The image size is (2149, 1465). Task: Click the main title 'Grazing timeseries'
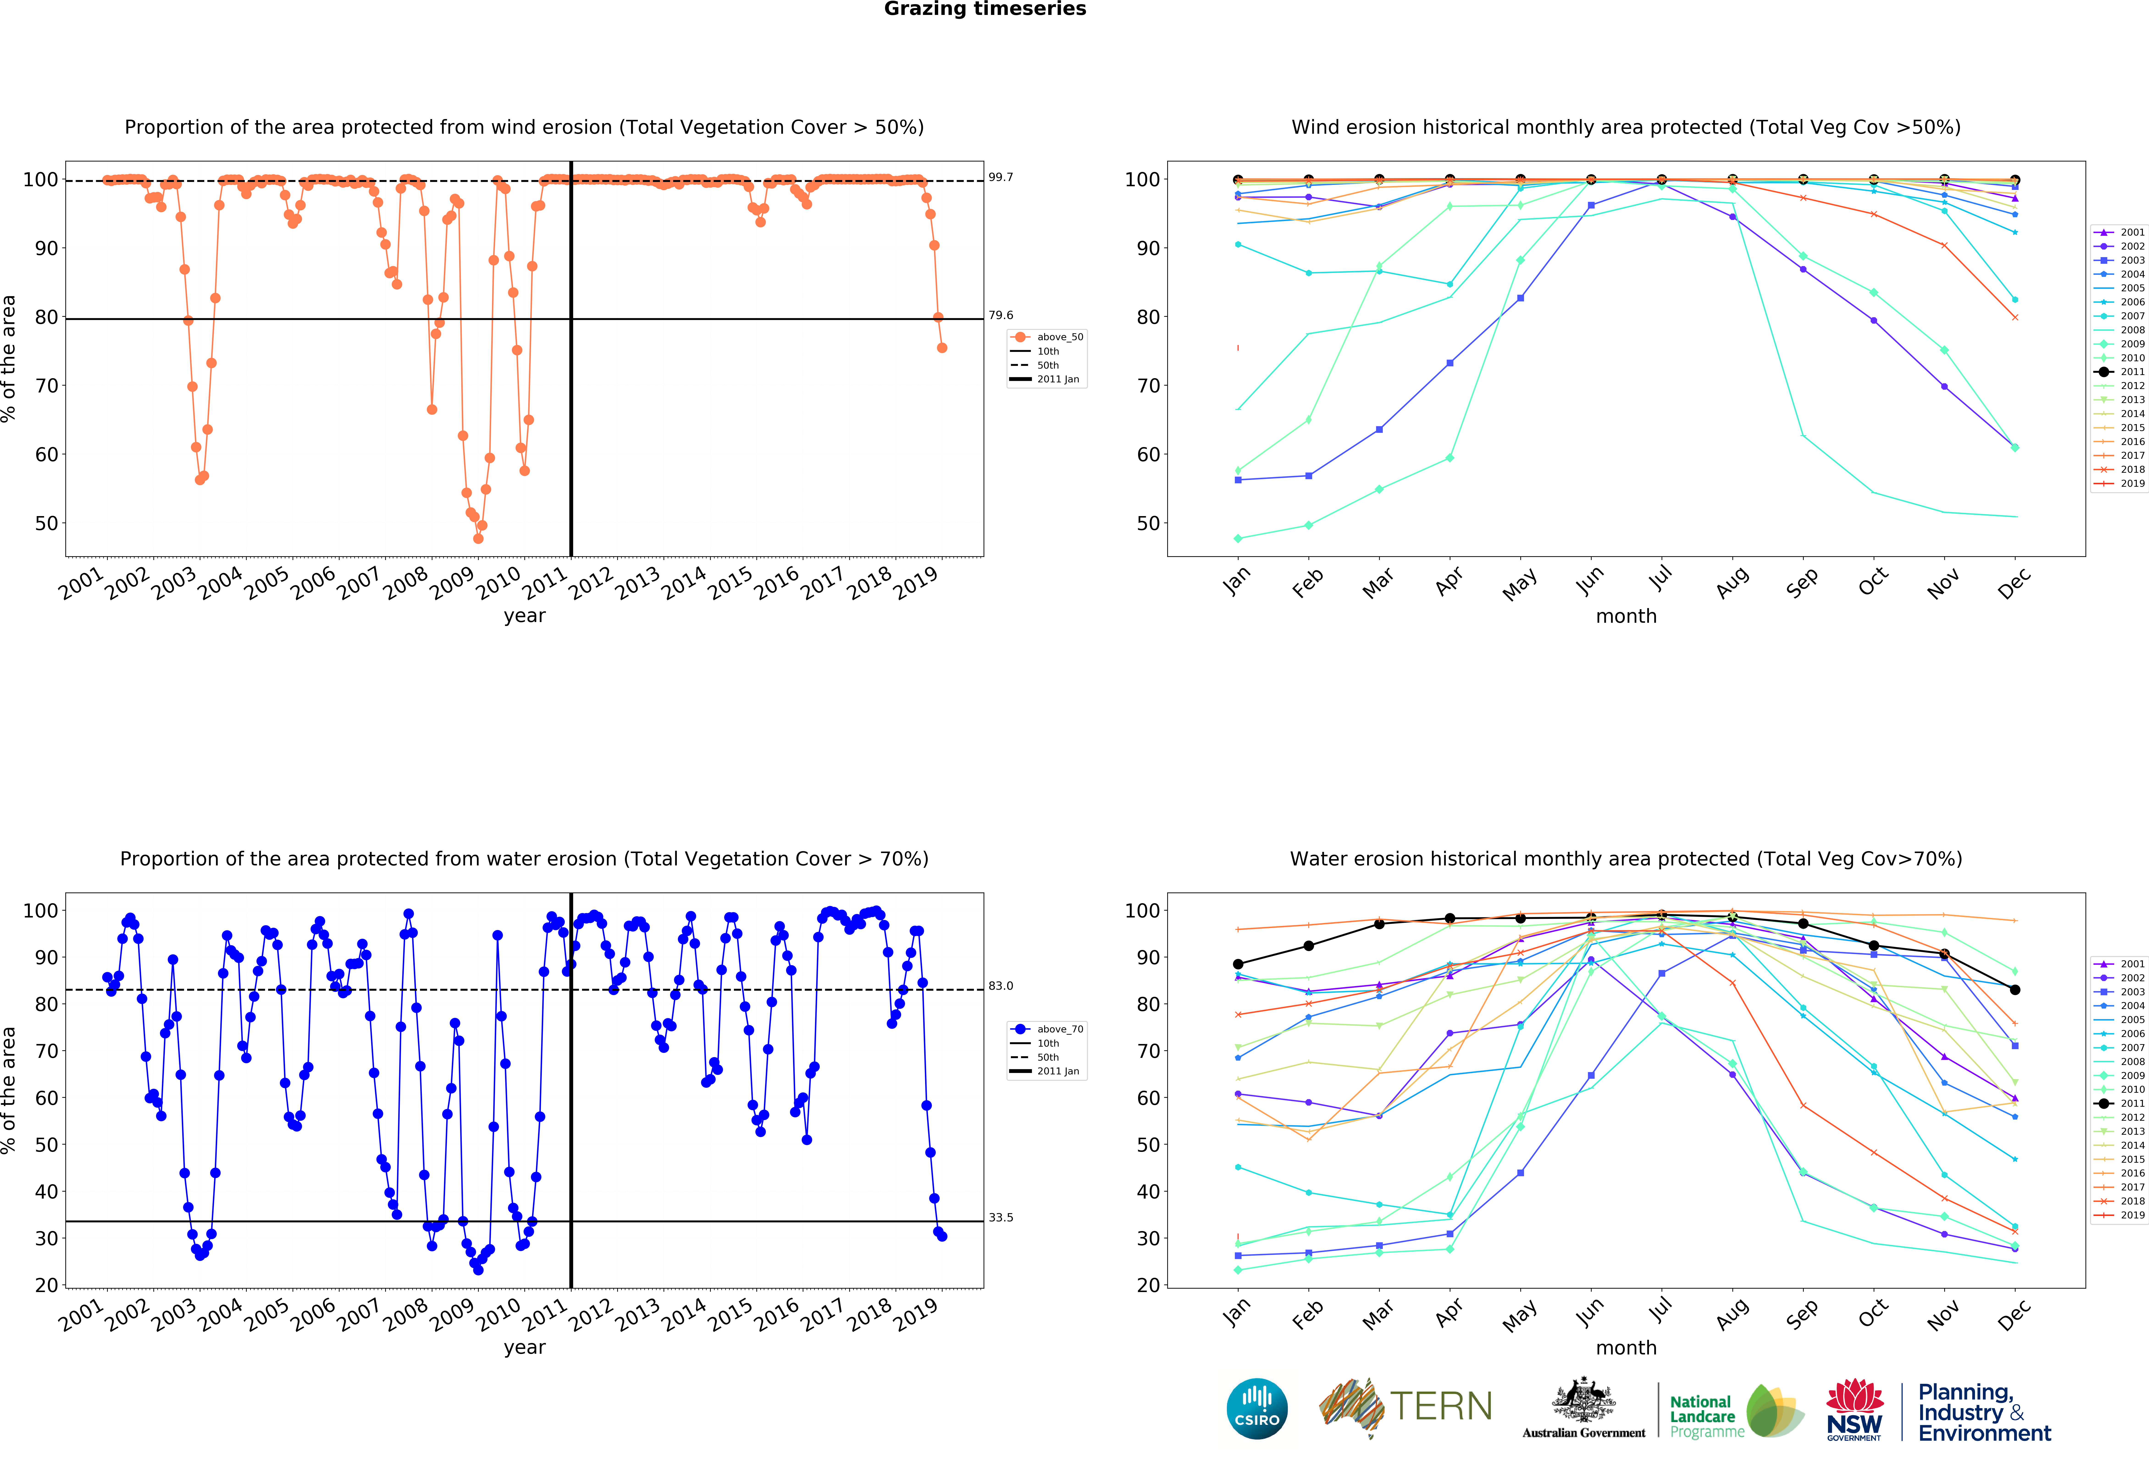(985, 9)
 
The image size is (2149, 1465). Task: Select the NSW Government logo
(1854, 1409)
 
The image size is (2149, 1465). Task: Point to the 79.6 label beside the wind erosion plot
(1001, 315)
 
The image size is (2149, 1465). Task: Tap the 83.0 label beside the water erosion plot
(1001, 986)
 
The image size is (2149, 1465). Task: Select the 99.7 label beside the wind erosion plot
(1001, 178)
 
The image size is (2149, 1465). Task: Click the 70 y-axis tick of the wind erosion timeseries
(46, 386)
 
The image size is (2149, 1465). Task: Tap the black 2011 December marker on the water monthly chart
(2015, 990)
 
